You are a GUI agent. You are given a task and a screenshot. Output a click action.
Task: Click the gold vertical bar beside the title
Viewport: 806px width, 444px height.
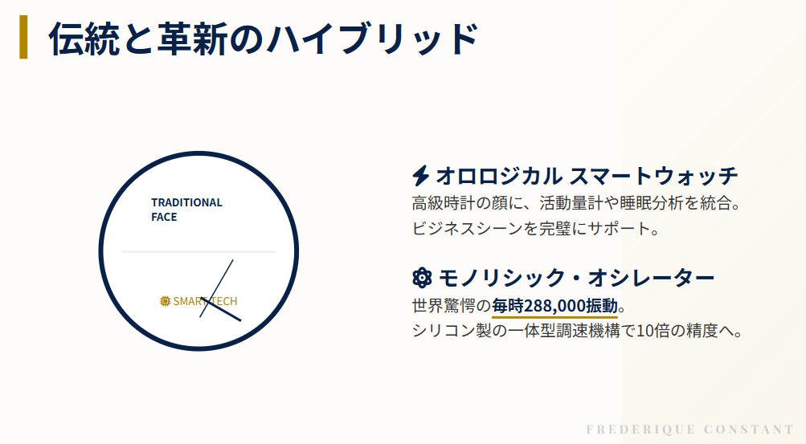[x=23, y=38]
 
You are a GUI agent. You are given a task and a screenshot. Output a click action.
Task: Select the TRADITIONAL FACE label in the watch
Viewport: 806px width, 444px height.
[x=186, y=210]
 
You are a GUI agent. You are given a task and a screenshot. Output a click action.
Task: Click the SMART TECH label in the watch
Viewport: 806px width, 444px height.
[x=205, y=301]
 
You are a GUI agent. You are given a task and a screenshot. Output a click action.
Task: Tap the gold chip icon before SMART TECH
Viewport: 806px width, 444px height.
[x=166, y=301]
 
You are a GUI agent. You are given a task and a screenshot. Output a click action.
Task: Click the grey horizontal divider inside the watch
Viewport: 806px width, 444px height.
[x=198, y=251]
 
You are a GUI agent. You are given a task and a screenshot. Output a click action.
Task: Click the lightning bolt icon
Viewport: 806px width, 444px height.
[x=420, y=176]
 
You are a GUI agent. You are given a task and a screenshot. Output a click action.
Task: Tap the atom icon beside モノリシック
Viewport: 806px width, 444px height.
[x=421, y=279]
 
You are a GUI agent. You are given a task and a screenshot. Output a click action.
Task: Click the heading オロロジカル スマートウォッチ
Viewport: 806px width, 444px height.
[x=587, y=176]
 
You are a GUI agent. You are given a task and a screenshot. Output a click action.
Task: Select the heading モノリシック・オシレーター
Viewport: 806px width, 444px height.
[x=576, y=279]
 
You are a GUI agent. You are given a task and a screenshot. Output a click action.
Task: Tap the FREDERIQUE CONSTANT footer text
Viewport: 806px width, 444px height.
[x=690, y=430]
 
